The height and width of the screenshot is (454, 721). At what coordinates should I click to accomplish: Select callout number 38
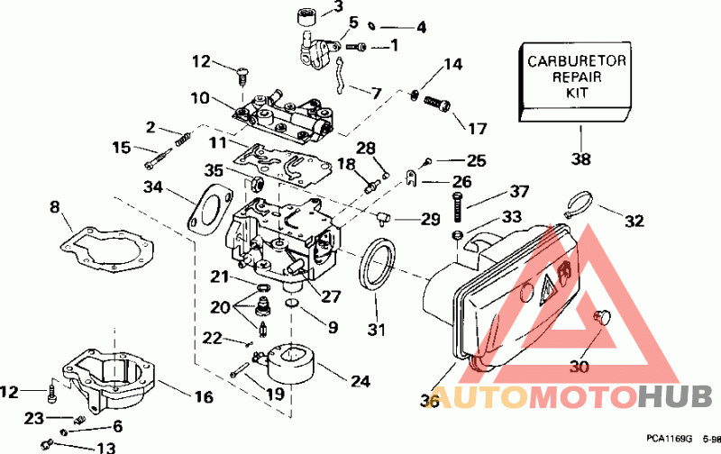click(x=581, y=160)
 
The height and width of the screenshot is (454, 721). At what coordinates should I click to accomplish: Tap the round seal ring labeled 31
click(x=377, y=265)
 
